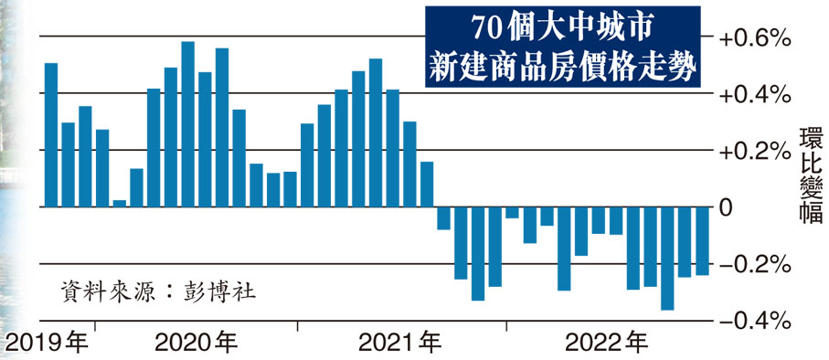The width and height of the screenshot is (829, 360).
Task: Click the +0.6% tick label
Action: pyautogui.click(x=754, y=38)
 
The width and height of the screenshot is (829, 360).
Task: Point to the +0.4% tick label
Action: pyautogui.click(x=754, y=94)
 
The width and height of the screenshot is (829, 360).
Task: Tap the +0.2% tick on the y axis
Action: pyautogui.click(x=754, y=151)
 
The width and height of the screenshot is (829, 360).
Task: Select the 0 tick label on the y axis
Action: pyautogui.click(x=727, y=207)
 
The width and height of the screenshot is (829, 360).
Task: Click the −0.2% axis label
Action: pyautogui.click(x=754, y=264)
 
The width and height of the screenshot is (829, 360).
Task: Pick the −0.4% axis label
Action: pyautogui.click(x=754, y=321)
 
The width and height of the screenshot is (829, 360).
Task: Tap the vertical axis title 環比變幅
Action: pyautogui.click(x=810, y=177)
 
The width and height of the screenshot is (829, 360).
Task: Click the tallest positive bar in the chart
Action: pyautogui.click(x=187, y=124)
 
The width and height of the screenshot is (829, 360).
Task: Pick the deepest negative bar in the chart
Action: pyautogui.click(x=667, y=259)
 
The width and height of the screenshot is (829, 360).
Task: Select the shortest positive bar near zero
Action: pyautogui.click(x=119, y=204)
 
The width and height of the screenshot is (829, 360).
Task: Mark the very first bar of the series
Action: pyautogui.click(x=51, y=135)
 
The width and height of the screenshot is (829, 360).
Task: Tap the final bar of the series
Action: pyautogui.click(x=702, y=241)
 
